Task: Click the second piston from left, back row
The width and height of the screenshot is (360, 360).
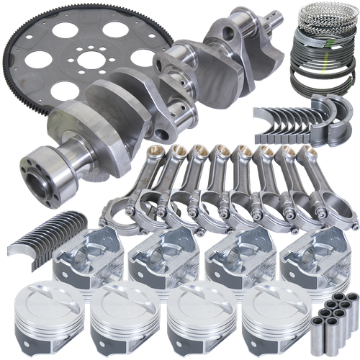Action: pyautogui.click(x=157, y=259)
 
